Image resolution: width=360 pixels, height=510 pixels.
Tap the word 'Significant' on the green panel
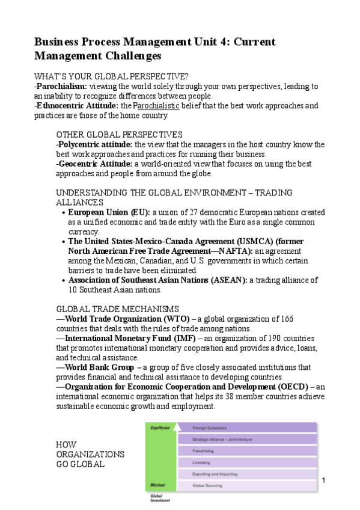point(160,428)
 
